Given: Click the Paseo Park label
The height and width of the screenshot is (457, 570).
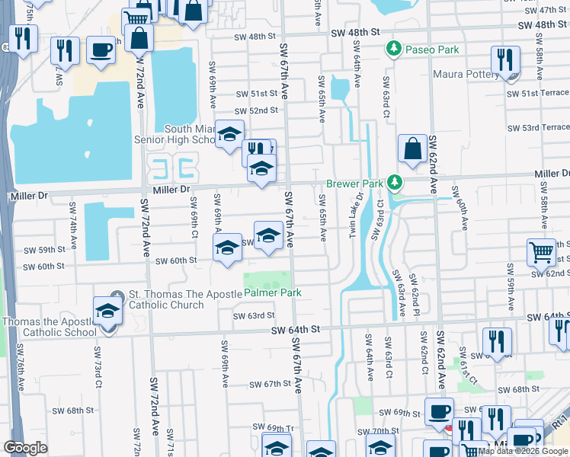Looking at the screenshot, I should click(x=431, y=50).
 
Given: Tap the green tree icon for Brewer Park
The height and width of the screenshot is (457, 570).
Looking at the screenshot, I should click(x=394, y=183).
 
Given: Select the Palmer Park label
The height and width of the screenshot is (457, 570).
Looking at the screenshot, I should click(x=273, y=292).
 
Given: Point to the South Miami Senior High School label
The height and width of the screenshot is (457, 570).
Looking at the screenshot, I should click(x=175, y=134).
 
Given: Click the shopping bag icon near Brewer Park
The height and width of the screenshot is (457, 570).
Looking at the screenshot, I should click(x=412, y=149).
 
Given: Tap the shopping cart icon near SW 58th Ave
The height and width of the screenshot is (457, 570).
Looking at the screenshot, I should click(x=540, y=253).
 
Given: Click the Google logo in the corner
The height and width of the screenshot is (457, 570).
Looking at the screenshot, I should click(x=25, y=447).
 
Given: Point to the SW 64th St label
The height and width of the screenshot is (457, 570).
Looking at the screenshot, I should click(x=296, y=329).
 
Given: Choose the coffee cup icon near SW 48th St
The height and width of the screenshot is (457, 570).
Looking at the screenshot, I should click(x=101, y=50).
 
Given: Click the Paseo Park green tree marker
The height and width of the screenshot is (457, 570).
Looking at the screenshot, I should click(x=394, y=50).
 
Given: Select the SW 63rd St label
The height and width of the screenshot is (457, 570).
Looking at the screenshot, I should click(x=253, y=315).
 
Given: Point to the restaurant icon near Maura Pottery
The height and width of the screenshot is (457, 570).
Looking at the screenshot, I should click(x=505, y=59).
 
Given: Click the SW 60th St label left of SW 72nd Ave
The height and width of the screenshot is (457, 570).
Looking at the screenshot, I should click(x=43, y=267).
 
